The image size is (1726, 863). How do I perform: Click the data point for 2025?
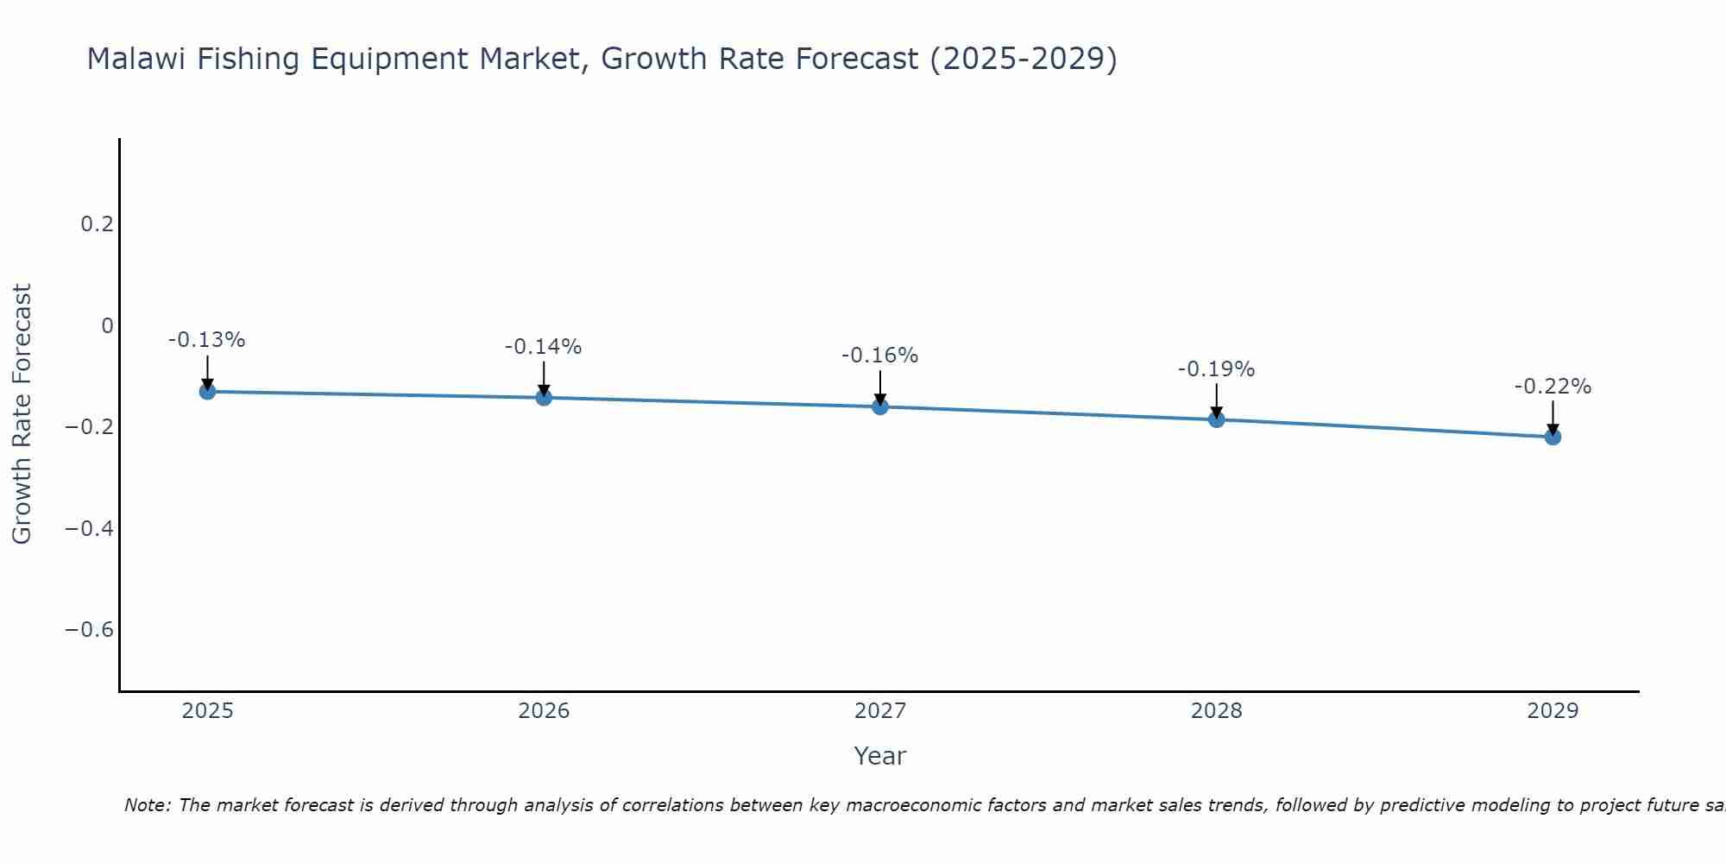(x=207, y=391)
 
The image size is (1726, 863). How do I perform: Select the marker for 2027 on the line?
(x=879, y=406)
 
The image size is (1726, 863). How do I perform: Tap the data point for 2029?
(x=1553, y=437)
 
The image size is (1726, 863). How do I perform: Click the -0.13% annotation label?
(x=206, y=340)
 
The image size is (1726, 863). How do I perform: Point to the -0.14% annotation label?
(x=543, y=347)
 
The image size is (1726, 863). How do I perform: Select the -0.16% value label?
(x=879, y=356)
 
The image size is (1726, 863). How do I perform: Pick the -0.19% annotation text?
(x=1216, y=369)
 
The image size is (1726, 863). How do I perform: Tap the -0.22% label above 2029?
(x=1553, y=387)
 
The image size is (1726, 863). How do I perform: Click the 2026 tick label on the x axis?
(x=544, y=711)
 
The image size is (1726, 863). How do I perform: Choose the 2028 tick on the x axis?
(x=1216, y=711)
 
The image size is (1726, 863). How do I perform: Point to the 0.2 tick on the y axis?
(x=97, y=224)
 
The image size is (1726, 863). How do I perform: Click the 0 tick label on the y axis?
(x=107, y=325)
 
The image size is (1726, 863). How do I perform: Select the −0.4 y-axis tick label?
(x=89, y=528)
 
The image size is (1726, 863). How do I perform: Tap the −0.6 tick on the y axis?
(x=89, y=629)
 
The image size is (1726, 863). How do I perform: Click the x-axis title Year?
(x=879, y=756)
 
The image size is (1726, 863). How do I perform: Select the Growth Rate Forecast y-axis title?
(x=22, y=414)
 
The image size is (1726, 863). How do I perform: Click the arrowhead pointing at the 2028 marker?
(x=1216, y=413)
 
